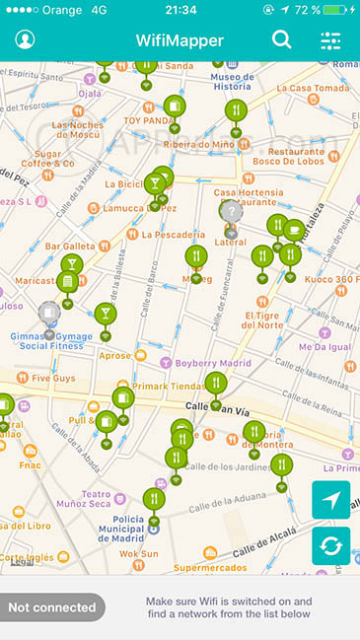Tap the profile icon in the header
click(25, 40)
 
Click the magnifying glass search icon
click(282, 40)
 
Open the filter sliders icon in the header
click(330, 40)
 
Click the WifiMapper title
click(180, 40)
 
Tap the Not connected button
click(51, 607)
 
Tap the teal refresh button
click(330, 545)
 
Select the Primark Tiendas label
click(175, 386)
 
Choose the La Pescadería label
click(173, 235)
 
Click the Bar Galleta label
click(69, 247)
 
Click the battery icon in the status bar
click(337, 9)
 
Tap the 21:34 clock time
click(180, 9)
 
